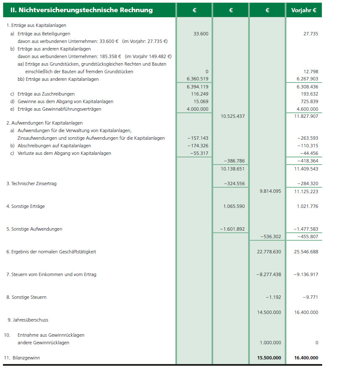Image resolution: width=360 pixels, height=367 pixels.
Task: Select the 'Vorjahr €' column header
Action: [x=304, y=10]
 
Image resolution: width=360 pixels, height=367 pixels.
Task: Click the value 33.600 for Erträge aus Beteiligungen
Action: [x=201, y=34]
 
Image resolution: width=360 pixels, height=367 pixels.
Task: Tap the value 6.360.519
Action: [x=197, y=79]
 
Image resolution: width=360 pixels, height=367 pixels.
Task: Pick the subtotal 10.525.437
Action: [x=233, y=116]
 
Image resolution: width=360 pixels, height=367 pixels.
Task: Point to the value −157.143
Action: [x=198, y=138]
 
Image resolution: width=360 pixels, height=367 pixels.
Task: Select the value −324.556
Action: [x=233, y=184]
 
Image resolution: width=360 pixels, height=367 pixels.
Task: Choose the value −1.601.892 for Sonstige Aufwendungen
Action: [x=232, y=229]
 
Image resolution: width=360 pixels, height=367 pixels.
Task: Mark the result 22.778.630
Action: [x=268, y=252]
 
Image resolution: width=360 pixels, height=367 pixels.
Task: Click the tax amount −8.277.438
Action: [x=268, y=275]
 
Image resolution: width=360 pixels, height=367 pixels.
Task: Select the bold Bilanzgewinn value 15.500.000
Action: [x=268, y=358]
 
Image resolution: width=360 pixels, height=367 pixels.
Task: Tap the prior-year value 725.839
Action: [x=310, y=102]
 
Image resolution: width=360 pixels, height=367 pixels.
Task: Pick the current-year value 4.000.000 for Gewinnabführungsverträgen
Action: [x=197, y=109]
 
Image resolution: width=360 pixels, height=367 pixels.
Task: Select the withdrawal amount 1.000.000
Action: [x=270, y=343]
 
